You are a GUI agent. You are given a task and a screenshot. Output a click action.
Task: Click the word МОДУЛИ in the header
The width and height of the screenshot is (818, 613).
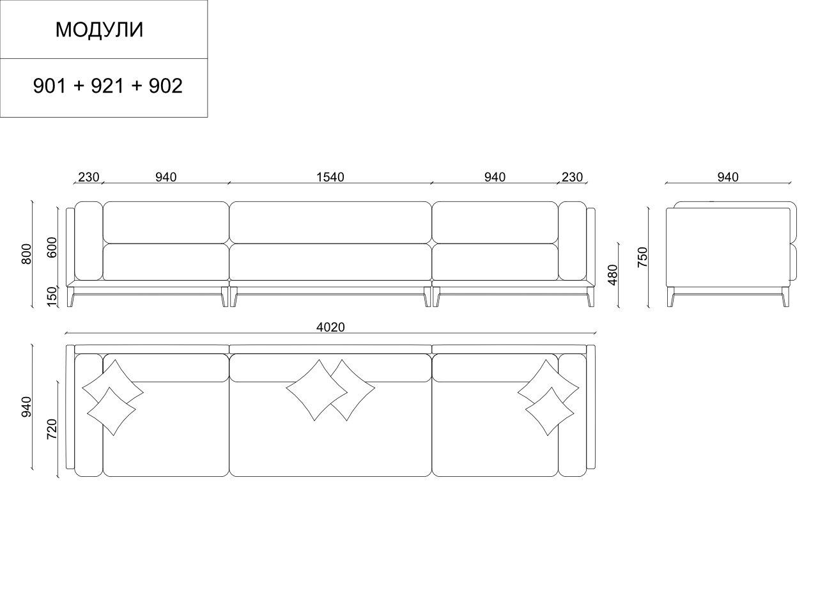(x=99, y=30)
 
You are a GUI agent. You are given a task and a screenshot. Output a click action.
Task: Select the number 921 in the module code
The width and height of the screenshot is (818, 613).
(x=107, y=86)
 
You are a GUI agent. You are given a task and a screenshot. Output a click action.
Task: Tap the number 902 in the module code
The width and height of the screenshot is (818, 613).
(x=166, y=86)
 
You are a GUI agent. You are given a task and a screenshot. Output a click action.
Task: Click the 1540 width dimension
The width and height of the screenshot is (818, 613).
(x=330, y=177)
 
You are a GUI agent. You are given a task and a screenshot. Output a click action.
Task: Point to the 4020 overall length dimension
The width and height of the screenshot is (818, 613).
(x=330, y=327)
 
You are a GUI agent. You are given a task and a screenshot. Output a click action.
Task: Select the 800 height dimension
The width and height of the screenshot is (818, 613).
(x=26, y=254)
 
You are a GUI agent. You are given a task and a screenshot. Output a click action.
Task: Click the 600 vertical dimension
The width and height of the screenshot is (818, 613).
(x=52, y=247)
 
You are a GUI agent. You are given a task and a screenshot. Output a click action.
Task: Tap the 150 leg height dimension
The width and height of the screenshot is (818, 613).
(x=52, y=296)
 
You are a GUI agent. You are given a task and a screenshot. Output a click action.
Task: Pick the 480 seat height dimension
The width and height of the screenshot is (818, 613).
(x=613, y=274)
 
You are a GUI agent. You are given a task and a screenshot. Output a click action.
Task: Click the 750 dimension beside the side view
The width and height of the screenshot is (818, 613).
(x=643, y=256)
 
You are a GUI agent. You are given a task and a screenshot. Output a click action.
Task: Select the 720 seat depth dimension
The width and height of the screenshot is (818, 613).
(x=52, y=429)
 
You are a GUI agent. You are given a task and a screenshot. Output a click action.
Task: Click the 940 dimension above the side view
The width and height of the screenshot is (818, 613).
(x=728, y=177)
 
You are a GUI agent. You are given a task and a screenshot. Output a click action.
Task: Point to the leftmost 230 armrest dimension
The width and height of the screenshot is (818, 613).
(x=88, y=177)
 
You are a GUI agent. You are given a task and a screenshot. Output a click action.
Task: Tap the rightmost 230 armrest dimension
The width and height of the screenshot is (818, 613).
(x=572, y=177)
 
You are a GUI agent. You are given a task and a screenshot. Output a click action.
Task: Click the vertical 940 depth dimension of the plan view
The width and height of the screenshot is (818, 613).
(x=26, y=407)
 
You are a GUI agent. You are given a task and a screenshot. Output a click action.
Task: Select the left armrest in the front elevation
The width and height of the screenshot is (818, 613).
(x=89, y=241)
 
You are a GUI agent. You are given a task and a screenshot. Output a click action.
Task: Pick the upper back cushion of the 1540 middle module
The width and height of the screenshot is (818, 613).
(x=330, y=222)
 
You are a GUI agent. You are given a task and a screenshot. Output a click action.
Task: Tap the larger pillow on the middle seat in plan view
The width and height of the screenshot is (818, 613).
(x=313, y=390)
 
